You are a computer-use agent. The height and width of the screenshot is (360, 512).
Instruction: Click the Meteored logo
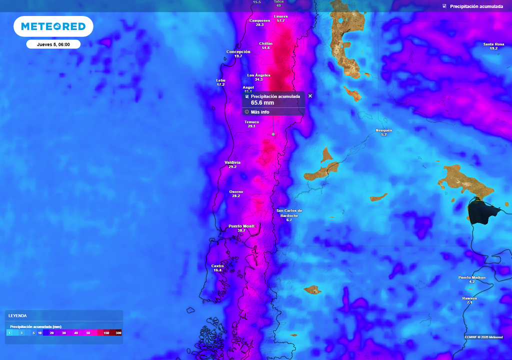[x=53, y=26]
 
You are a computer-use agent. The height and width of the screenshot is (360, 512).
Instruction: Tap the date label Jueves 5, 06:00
[x=53, y=44]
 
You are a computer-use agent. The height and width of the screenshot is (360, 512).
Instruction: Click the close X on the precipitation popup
[x=310, y=96]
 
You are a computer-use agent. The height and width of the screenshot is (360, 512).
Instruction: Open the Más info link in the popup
[x=260, y=112]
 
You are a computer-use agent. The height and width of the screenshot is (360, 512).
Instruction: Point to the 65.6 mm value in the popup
[x=262, y=103]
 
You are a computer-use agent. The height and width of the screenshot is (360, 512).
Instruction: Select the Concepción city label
[x=238, y=52]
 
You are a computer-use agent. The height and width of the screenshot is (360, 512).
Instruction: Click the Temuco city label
[x=251, y=122]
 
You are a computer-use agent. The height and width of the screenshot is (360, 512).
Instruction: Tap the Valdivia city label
[x=232, y=163]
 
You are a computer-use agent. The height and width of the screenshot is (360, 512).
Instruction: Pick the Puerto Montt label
[x=241, y=226]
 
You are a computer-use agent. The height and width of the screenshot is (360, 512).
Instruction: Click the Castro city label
[x=217, y=266]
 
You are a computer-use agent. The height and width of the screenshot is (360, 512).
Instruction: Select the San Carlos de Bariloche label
[x=289, y=211]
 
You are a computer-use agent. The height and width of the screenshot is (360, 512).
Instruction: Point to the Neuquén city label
[x=384, y=130]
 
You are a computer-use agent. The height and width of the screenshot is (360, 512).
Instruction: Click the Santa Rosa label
[x=493, y=44]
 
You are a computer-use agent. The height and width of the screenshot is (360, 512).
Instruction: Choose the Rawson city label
[x=469, y=298]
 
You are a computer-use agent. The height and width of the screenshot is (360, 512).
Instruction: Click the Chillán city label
[x=265, y=44]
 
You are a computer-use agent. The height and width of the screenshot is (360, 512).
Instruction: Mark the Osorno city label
[x=236, y=192]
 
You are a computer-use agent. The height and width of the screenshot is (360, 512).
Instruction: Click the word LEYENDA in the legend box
[x=17, y=316]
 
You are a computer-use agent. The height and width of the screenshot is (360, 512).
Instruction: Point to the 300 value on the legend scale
[x=118, y=333]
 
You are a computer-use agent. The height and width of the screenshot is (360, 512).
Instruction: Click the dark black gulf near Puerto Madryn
[x=480, y=210]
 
